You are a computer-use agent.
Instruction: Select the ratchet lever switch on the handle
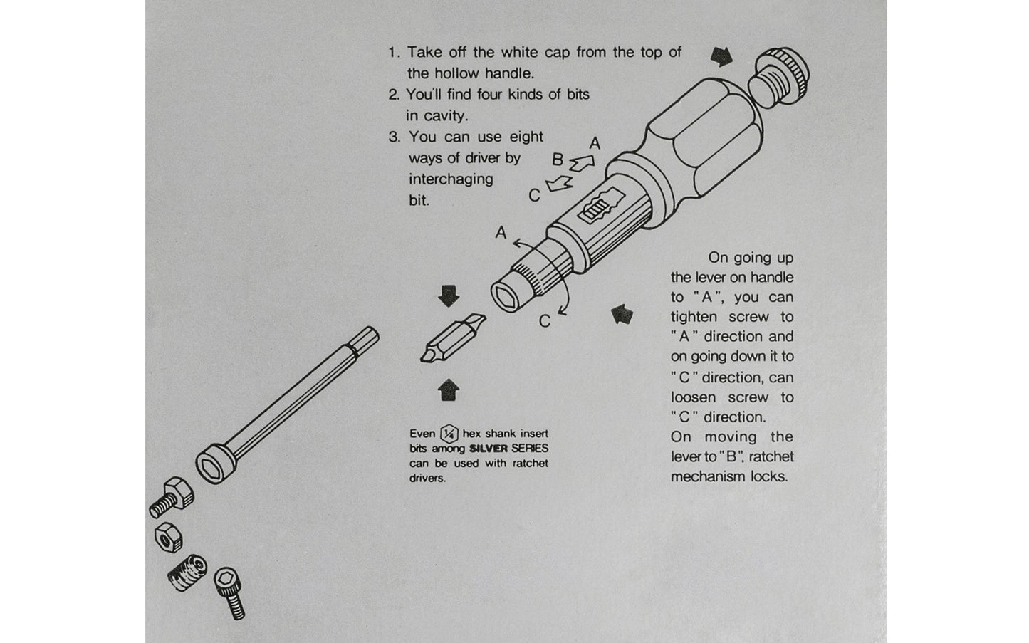[x=601, y=206]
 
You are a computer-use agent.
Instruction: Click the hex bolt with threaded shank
[x=172, y=498]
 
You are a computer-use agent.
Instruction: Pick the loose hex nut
[x=169, y=537]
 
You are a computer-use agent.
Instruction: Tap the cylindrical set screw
[x=187, y=573]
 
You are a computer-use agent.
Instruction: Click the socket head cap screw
[x=230, y=592]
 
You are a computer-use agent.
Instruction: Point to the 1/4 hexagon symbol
[x=449, y=433]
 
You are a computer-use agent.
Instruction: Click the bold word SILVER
[x=488, y=449]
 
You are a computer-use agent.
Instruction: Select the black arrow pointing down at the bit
[x=449, y=296]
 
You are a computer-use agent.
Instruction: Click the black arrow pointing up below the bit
[x=449, y=390]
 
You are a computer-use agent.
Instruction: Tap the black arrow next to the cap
[x=721, y=56]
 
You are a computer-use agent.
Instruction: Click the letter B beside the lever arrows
[x=557, y=160]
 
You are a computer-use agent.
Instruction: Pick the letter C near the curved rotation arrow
[x=544, y=321]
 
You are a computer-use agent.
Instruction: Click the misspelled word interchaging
[x=451, y=179]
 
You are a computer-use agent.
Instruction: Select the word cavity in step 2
[x=445, y=116]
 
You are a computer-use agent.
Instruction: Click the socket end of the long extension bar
[x=216, y=463]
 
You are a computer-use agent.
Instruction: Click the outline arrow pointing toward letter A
[x=582, y=162]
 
